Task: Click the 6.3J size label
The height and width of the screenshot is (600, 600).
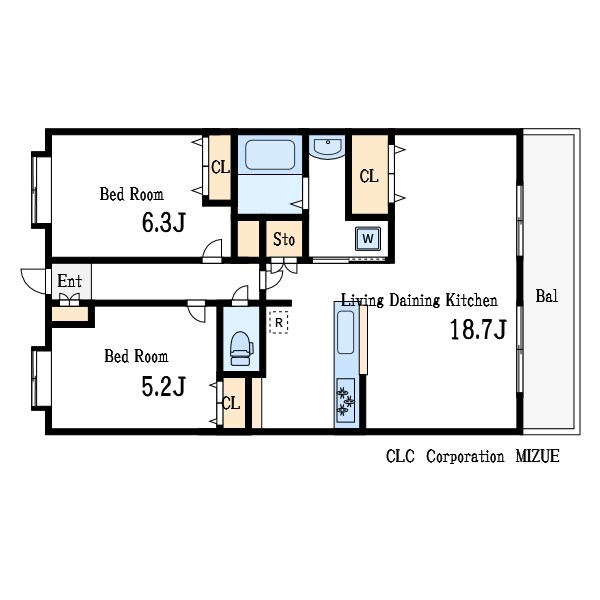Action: (164, 223)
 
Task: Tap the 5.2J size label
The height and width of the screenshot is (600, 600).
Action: (164, 386)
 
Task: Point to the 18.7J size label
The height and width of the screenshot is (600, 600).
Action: (478, 329)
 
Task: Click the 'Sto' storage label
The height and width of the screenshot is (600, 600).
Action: (284, 239)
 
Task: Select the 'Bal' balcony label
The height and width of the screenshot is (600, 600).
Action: (547, 296)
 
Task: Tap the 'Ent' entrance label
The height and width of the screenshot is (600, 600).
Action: (69, 281)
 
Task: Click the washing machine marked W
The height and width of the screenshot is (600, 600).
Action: (368, 239)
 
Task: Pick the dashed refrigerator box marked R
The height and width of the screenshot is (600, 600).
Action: (279, 323)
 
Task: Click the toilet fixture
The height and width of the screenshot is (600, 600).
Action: (241, 348)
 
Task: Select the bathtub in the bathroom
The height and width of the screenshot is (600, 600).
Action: (270, 155)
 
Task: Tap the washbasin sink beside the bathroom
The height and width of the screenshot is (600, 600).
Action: (328, 147)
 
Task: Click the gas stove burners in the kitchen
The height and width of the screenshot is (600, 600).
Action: (346, 401)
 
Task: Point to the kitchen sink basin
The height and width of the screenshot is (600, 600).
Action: (346, 332)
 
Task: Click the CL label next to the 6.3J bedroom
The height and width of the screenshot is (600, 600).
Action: (220, 167)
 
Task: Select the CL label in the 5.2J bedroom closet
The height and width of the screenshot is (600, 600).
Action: (231, 403)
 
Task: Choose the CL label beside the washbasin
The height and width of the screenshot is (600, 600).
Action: (369, 176)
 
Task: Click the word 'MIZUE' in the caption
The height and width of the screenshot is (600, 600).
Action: (537, 456)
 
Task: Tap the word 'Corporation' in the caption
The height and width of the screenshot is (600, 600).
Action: (465, 457)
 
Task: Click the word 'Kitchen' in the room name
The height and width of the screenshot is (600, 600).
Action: (471, 300)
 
